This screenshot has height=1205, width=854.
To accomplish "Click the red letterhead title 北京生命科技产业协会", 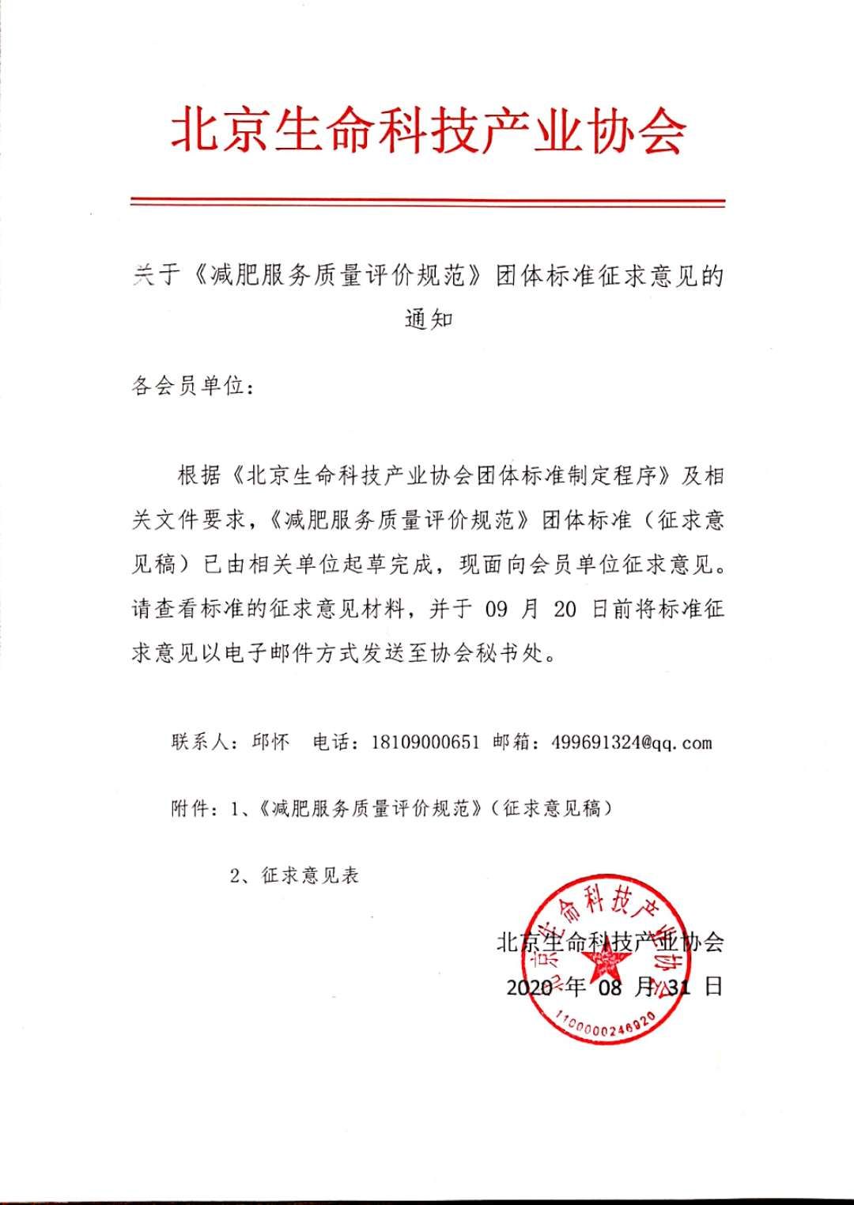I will tap(428, 130).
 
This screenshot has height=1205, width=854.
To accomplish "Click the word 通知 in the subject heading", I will tap(428, 320).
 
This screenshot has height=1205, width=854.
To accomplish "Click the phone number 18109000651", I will tap(425, 742).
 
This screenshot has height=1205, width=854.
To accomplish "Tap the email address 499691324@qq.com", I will tap(622, 742).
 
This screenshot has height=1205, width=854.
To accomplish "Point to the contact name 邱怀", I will tap(270, 742).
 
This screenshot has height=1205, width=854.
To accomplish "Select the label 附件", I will tap(191, 809).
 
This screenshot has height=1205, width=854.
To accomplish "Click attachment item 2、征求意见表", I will tap(293, 876).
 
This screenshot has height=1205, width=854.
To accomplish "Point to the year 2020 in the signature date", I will tap(529, 987).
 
